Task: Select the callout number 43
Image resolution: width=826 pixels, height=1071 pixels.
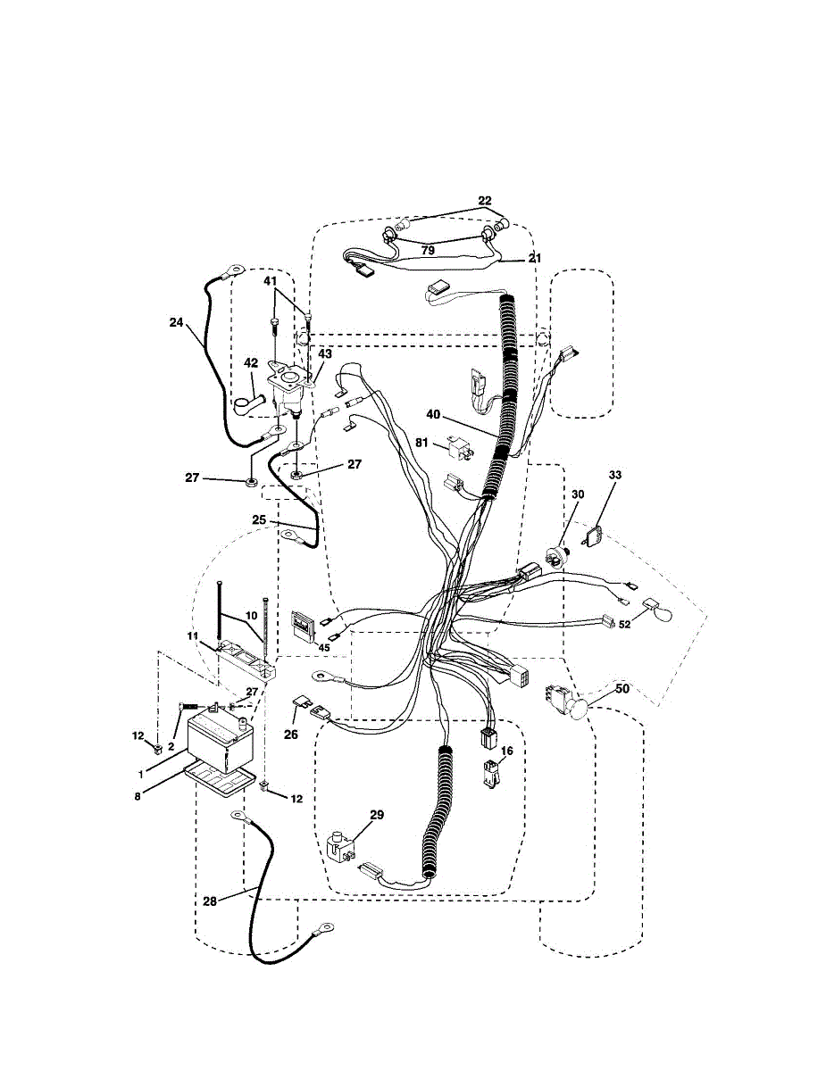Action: [x=325, y=354]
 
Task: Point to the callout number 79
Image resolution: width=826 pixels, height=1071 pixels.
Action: [x=428, y=252]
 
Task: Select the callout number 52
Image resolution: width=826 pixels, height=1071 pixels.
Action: [x=624, y=625]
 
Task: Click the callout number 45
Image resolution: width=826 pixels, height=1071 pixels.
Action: [x=324, y=647]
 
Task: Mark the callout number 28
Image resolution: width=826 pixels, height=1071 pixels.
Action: [x=209, y=901]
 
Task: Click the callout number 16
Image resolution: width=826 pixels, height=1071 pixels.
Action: [x=507, y=751]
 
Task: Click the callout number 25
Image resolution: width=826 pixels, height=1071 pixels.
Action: [x=259, y=519]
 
